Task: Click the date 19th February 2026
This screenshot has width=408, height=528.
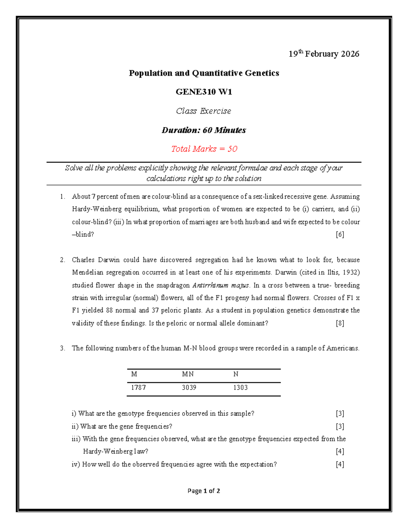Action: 324,54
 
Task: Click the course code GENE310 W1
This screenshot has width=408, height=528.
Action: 204,92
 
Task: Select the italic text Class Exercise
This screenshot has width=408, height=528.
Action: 204,111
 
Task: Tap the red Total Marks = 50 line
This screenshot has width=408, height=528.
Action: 204,149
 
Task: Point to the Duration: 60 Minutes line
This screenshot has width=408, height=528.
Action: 204,130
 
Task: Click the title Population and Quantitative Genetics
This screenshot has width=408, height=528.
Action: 204,73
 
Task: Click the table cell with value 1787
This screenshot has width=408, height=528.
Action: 138,388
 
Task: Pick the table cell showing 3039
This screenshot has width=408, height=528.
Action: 189,388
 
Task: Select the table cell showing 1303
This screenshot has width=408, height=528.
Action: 240,388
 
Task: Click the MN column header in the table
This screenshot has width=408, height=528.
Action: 188,374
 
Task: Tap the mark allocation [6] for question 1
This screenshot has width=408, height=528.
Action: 340,234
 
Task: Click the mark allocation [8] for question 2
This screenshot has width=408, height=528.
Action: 340,323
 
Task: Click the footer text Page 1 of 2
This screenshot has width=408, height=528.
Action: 204,491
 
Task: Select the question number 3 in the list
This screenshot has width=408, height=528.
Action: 62,348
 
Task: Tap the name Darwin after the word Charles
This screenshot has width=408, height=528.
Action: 109,260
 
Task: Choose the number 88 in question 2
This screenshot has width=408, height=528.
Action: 109,310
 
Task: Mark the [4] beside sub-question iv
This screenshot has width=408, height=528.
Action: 340,464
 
